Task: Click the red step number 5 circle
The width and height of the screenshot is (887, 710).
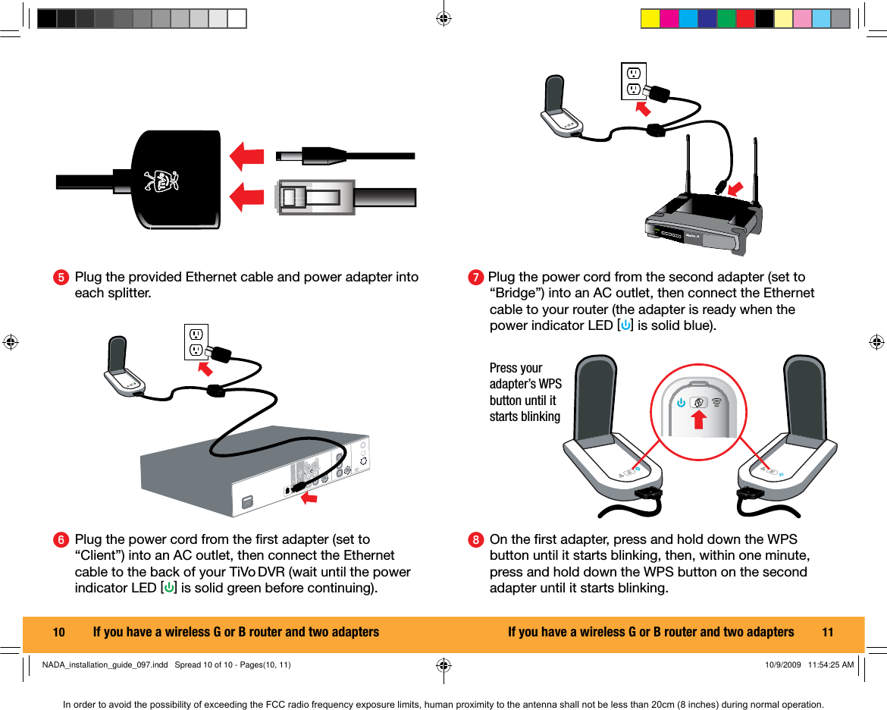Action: pyautogui.click(x=59, y=278)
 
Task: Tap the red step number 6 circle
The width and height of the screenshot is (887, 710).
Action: pyautogui.click(x=59, y=540)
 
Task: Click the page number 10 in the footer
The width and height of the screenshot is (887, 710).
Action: pyautogui.click(x=58, y=632)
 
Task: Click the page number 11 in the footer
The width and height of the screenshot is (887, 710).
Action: pyautogui.click(x=827, y=632)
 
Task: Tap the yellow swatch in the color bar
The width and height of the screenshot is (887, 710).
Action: pyautogui.click(x=650, y=19)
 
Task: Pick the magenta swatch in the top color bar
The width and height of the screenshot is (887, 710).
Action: pyautogui.click(x=669, y=19)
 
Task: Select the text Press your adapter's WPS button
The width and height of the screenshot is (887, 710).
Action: pyautogui.click(x=525, y=392)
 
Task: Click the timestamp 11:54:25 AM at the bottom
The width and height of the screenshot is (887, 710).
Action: pyautogui.click(x=831, y=665)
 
